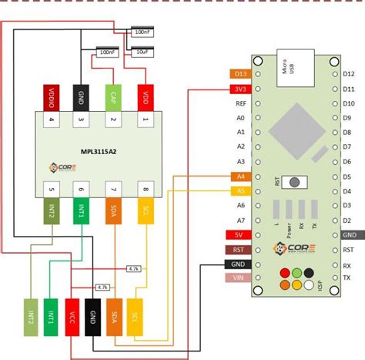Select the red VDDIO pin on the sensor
pyautogui.click(x=52, y=98)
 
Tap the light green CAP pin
pyautogui.click(x=112, y=98)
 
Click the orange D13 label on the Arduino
pyautogui.click(x=239, y=74)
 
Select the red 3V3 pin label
pyautogui.click(x=239, y=89)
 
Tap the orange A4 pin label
pyautogui.click(x=239, y=177)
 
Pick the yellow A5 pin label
pyautogui.click(x=239, y=191)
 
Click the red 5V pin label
pyautogui.click(x=239, y=235)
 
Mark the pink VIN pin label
pyautogui.click(x=239, y=278)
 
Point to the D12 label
pyautogui.click(x=348, y=74)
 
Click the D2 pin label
pyautogui.click(x=348, y=220)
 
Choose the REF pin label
pyautogui.click(x=240, y=103)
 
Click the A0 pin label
pyautogui.click(x=240, y=118)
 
